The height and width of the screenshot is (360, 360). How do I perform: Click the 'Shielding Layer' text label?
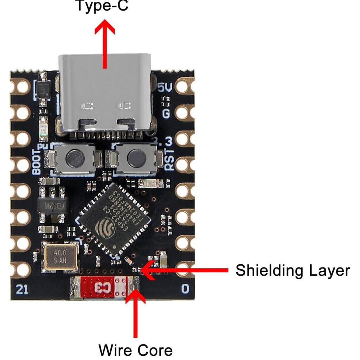(x=292, y=271)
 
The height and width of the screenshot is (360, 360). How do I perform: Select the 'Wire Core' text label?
(x=135, y=350)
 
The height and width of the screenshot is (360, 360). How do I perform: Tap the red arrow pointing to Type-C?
(x=105, y=42)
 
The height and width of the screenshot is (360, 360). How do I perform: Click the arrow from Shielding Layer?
(x=186, y=270)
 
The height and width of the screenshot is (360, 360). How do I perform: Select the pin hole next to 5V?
(x=184, y=86)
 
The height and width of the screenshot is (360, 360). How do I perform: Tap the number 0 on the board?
(x=185, y=289)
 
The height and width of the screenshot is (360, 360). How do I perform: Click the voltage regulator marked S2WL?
(x=52, y=205)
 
